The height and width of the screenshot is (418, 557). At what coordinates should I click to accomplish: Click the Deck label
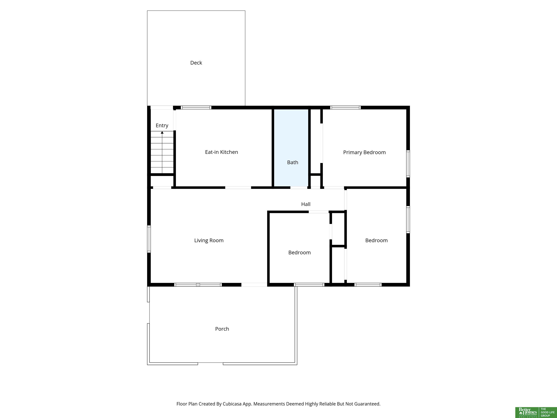[x=196, y=63]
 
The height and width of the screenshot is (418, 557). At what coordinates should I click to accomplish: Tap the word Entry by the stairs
[x=162, y=126]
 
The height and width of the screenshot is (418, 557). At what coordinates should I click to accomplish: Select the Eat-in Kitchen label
[x=221, y=152]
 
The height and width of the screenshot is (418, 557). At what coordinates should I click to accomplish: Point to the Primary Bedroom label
[x=364, y=152]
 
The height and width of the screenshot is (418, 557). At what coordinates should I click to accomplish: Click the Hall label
[x=306, y=204]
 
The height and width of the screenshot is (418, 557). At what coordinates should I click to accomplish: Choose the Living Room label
[x=209, y=240]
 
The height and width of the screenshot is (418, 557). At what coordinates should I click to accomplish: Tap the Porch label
[x=222, y=329]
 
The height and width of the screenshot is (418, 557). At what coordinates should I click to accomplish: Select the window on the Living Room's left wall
[x=149, y=239]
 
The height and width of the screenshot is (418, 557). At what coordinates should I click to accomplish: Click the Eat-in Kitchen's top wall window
[x=196, y=108]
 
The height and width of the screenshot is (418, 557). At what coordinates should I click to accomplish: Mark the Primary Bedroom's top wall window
[x=345, y=108]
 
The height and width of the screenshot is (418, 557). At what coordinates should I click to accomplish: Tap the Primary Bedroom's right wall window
[x=408, y=164]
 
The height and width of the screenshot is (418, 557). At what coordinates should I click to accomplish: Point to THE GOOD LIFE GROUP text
[x=548, y=412]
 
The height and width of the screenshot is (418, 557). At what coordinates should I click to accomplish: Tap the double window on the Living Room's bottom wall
[x=198, y=285]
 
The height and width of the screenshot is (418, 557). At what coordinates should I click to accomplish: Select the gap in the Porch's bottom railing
[x=210, y=364]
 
